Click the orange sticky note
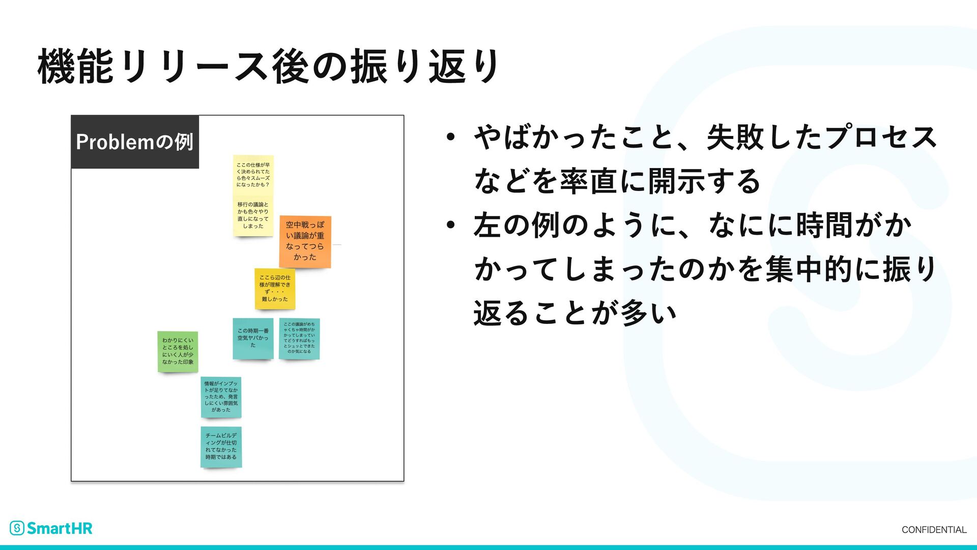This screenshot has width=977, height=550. click(x=305, y=241)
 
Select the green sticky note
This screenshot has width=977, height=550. click(x=178, y=351)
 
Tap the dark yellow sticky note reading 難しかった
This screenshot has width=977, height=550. click(x=275, y=289)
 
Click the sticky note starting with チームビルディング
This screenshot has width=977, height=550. click(x=221, y=447)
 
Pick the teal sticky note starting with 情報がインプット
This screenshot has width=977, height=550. click(x=221, y=397)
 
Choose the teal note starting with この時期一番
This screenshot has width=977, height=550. click(x=253, y=339)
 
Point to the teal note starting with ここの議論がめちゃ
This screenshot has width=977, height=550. click(x=299, y=339)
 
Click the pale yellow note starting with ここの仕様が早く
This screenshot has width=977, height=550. click(x=253, y=175)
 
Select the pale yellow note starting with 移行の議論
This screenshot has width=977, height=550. click(x=253, y=216)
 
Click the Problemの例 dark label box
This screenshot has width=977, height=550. click(x=135, y=142)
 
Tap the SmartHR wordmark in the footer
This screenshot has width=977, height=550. click(x=60, y=529)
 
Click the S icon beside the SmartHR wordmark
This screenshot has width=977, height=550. click(x=17, y=528)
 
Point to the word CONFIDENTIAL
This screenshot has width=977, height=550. click(x=934, y=530)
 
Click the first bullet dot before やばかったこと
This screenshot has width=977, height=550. click(x=450, y=137)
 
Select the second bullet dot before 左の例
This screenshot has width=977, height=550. click(x=450, y=225)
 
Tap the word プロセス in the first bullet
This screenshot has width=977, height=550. click(x=880, y=137)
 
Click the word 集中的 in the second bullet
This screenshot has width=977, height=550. click(x=809, y=269)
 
